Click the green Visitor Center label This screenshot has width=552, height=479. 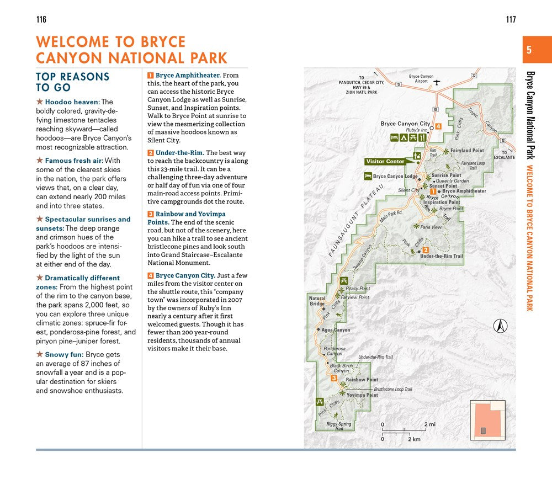[385, 162]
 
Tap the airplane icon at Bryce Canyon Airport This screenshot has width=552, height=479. [436, 82]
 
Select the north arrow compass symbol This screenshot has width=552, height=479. [501, 326]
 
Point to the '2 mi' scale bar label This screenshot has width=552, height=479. [430, 424]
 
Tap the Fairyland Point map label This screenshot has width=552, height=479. [467, 150]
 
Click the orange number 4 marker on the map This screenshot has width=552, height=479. [438, 126]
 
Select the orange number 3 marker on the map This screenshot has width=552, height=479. [334, 379]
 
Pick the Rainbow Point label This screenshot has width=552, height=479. [362, 380]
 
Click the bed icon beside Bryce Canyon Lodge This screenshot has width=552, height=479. [368, 177]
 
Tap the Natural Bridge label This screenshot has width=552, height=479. [317, 301]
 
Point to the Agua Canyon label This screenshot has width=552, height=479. [336, 330]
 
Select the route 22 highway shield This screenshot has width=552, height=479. [474, 75]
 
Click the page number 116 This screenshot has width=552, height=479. [41, 20]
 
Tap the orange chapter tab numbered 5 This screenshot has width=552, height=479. [529, 50]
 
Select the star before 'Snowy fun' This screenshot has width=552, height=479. [39, 355]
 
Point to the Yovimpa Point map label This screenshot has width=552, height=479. [362, 395]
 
